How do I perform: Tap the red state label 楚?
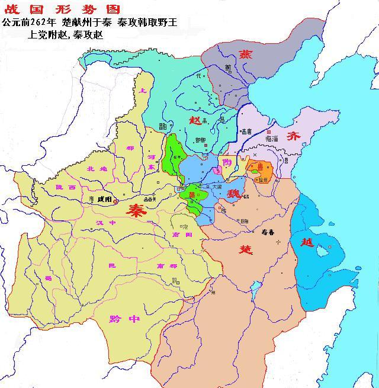pos(246,249)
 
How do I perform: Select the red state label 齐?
pos(294,136)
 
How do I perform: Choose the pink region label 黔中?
pos(124,318)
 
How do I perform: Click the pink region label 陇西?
pos(66,187)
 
